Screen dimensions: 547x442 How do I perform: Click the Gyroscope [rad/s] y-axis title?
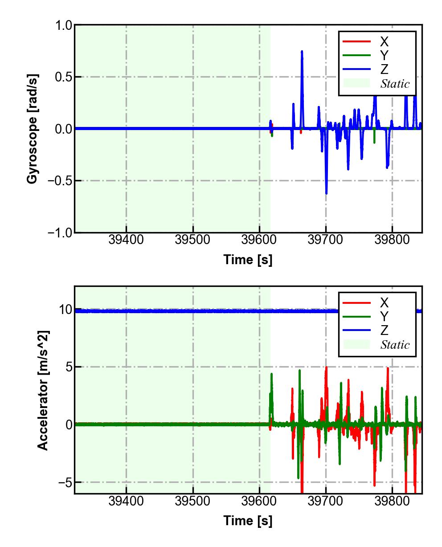(x=32, y=129)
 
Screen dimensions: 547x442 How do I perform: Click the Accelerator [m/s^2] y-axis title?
(x=43, y=390)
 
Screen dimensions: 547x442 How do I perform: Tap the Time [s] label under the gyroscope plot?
(x=248, y=260)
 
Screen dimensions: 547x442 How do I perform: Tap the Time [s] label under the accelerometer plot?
(x=248, y=520)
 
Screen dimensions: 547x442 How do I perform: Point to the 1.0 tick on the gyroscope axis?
(x=63, y=25)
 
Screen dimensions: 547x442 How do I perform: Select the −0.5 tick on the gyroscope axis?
(x=60, y=181)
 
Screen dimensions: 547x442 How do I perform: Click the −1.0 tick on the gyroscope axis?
(x=60, y=233)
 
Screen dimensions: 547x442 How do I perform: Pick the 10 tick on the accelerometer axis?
(x=65, y=310)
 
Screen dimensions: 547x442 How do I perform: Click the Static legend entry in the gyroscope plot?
(x=395, y=83)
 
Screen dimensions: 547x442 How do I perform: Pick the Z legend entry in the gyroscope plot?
(x=384, y=69)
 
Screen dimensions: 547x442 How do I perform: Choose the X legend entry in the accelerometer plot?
(x=384, y=303)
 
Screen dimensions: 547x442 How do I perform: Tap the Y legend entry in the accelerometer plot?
(x=384, y=317)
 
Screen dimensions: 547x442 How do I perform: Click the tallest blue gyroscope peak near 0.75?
(x=302, y=52)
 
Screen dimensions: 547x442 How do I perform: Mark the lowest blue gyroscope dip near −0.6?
(x=326, y=193)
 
